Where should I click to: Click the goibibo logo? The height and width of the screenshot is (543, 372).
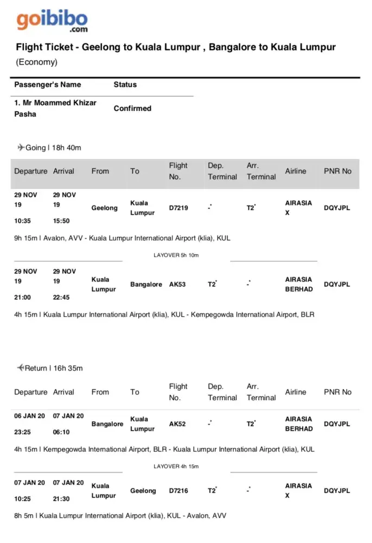pyautogui.click(x=52, y=20)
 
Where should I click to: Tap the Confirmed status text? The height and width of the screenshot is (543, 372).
pyautogui.click(x=132, y=109)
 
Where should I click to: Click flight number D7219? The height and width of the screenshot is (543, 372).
pyautogui.click(x=179, y=208)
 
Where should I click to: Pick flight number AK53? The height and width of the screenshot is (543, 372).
pyautogui.click(x=177, y=285)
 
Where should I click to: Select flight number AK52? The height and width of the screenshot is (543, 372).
pyautogui.click(x=177, y=424)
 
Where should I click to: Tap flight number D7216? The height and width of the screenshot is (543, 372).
pyautogui.click(x=179, y=491)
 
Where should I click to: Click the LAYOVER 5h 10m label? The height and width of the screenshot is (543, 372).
pyautogui.click(x=176, y=255)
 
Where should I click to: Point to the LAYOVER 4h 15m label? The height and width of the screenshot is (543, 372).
pyautogui.click(x=176, y=466)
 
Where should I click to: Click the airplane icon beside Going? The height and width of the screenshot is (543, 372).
pyautogui.click(x=21, y=147)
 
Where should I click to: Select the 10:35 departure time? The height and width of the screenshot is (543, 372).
pyautogui.click(x=23, y=221)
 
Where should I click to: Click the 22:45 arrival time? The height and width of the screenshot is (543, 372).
pyautogui.click(x=61, y=298)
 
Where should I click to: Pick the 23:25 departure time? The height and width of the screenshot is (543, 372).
pyautogui.click(x=23, y=432)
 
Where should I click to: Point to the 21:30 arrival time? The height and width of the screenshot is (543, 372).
pyautogui.click(x=61, y=499)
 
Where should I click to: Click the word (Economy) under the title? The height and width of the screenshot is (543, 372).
pyautogui.click(x=36, y=62)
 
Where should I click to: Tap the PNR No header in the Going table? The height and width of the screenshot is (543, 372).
pyautogui.click(x=337, y=171)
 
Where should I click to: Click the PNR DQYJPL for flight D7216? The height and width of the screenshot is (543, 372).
pyautogui.click(x=337, y=491)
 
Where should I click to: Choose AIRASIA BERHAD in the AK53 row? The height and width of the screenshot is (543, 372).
pyautogui.click(x=299, y=285)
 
